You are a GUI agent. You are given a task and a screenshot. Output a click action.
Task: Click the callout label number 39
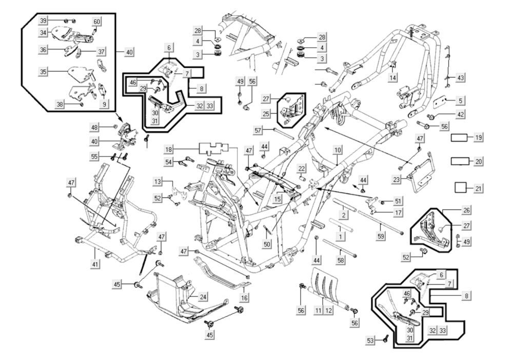[x=44, y=20]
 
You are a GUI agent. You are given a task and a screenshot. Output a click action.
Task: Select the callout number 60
[x=97, y=22]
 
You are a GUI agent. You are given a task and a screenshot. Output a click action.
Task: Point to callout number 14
[x=393, y=78]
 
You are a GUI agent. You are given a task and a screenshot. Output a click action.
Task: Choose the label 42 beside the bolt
[x=460, y=114]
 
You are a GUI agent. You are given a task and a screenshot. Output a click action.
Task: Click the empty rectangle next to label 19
[x=459, y=138]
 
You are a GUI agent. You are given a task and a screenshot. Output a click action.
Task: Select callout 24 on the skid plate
[x=203, y=296]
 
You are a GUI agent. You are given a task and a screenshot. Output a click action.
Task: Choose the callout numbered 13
[x=157, y=182]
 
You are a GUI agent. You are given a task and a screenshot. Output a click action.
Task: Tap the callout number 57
[x=258, y=130]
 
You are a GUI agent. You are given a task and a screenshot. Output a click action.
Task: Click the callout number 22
[x=302, y=168]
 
